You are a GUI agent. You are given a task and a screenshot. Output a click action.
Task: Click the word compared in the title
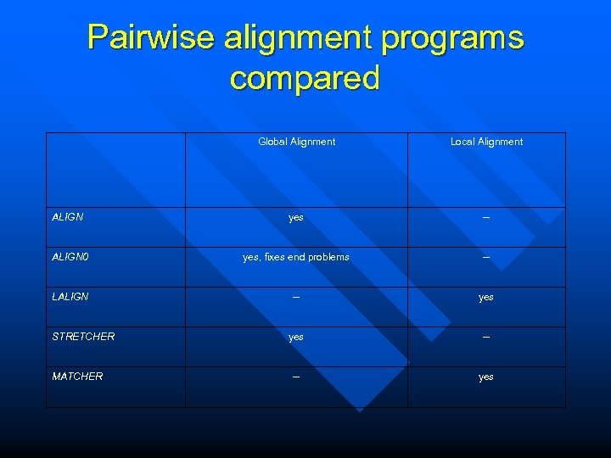coord(305,78)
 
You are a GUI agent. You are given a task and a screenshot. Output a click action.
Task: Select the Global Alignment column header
coord(296,142)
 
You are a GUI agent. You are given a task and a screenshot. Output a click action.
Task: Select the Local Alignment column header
coord(486,142)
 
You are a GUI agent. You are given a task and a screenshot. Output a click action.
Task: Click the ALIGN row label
coord(68,217)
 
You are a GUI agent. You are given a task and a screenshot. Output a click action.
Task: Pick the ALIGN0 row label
coord(70,257)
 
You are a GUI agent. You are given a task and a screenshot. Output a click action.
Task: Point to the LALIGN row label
coord(70,297)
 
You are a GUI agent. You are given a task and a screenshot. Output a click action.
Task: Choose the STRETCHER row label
coord(83,337)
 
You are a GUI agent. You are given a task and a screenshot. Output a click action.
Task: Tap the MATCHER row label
coord(77,377)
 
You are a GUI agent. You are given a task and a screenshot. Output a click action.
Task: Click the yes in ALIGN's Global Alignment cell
coord(296,218)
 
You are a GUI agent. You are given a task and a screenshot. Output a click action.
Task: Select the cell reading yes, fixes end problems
coord(296,257)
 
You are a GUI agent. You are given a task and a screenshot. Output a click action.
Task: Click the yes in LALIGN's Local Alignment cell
coord(486,298)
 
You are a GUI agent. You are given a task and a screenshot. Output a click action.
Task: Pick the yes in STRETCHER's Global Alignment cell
coord(296,338)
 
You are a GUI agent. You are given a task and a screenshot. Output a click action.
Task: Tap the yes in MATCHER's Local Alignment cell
coord(486,377)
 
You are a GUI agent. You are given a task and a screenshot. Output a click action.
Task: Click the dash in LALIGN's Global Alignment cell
coord(296,297)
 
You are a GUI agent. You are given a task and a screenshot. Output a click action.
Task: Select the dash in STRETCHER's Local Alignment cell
coord(486,337)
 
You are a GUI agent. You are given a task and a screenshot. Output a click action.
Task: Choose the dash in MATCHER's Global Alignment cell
coord(296,377)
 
